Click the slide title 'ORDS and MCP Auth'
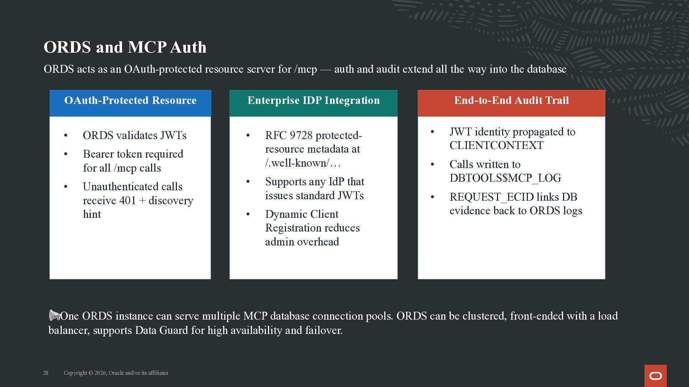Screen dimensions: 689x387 [x=125, y=47]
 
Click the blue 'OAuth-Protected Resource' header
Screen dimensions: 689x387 [x=130, y=103]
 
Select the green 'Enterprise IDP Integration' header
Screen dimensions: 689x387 [x=314, y=103]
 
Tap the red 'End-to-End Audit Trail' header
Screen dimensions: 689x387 [x=511, y=103]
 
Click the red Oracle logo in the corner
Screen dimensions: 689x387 [x=656, y=376]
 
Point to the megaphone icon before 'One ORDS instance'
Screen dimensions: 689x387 [x=54, y=315]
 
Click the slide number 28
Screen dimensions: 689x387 [x=46, y=373]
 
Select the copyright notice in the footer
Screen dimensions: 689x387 [x=116, y=373]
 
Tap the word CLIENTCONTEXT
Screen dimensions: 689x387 [x=496, y=145]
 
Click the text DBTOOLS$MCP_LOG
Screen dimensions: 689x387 [x=505, y=178]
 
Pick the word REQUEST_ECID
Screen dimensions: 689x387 [x=491, y=197]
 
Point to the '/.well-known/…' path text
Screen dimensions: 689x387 [x=303, y=163]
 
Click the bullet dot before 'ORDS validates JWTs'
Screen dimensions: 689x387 [x=66, y=135]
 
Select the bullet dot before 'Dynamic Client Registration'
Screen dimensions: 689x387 [x=248, y=214]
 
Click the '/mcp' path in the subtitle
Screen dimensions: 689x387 [x=305, y=69]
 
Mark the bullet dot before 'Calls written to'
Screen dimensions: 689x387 [x=432, y=164]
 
